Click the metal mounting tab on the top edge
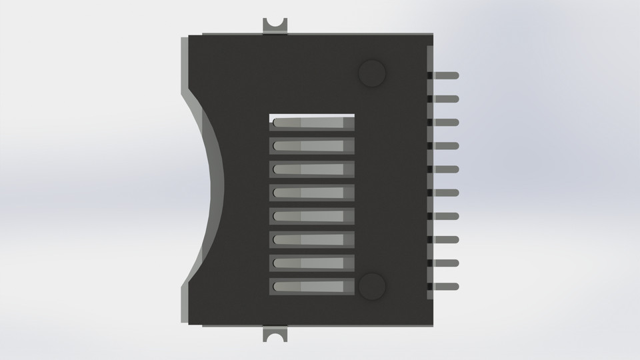275,25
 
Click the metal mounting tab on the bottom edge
275,334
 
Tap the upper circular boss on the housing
372,73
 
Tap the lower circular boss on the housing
372,286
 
